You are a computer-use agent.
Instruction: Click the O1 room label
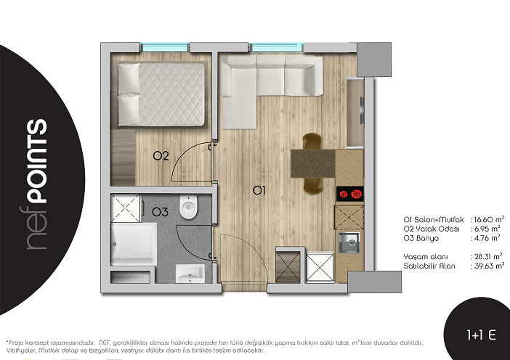259,191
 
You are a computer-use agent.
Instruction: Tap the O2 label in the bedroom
161,156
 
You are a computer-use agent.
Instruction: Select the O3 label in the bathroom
160,212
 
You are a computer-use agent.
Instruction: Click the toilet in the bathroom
188,208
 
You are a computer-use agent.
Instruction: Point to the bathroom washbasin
190,273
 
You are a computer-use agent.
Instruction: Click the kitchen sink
349,242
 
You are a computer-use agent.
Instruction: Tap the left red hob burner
344,194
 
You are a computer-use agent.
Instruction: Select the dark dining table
312,163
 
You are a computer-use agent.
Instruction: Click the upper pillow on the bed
129,78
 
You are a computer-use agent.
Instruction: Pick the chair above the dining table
312,142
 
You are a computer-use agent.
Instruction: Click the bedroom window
165,47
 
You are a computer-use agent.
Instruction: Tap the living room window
277,47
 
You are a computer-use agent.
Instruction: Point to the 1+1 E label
481,335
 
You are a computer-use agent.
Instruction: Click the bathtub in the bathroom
134,243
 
